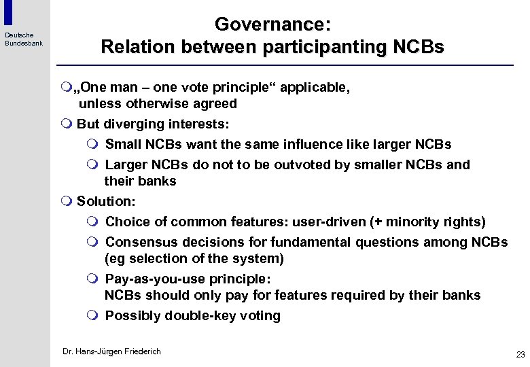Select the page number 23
tap(520, 354)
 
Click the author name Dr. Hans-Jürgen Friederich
tap(111, 351)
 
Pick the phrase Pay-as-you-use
tap(153, 279)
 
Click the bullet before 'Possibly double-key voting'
tap(94, 315)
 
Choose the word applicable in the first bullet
tap(313, 88)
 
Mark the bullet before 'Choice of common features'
tap(94, 222)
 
